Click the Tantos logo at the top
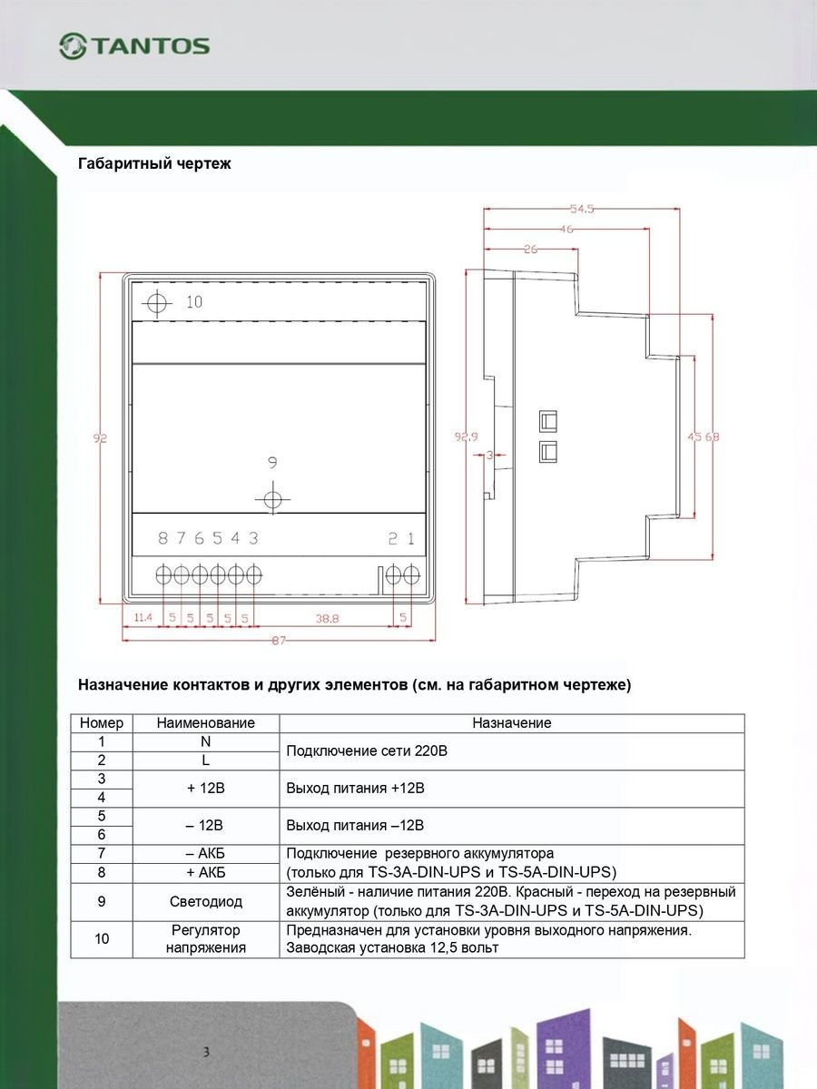[134, 46]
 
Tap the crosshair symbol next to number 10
[158, 303]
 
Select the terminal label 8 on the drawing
[163, 538]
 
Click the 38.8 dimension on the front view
[328, 618]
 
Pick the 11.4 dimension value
[143, 618]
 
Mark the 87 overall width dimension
[279, 641]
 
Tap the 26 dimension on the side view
[531, 249]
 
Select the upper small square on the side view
[547, 420]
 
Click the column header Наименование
[206, 723]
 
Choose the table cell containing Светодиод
[206, 902]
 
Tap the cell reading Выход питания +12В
[356, 788]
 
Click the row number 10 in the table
[102, 938]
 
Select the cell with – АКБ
[206, 854]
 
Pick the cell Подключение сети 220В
[368, 751]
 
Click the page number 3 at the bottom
[207, 1053]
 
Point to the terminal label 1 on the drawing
[410, 538]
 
